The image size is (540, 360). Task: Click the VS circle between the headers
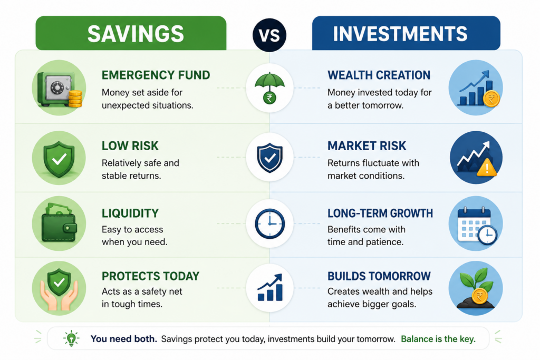(x=269, y=35)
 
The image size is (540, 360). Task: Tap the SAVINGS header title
(x=136, y=34)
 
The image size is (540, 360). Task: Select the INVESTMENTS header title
(x=400, y=34)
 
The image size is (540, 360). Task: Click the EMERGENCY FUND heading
(x=156, y=75)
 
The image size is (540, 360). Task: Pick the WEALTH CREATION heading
(x=379, y=75)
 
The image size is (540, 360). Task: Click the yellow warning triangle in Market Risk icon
(x=487, y=168)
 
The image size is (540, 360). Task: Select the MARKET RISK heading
(x=367, y=146)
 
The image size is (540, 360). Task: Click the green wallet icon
(x=59, y=222)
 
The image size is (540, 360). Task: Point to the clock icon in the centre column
(x=269, y=223)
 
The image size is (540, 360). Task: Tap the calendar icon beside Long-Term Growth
(x=477, y=226)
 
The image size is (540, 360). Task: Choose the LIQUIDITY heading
(x=130, y=213)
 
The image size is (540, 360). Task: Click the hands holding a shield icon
(x=59, y=289)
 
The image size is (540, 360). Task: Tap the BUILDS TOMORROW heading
(x=379, y=276)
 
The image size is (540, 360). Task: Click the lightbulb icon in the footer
(x=71, y=338)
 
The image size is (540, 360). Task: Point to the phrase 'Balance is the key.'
(x=438, y=339)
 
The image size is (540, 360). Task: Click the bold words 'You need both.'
(x=123, y=339)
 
